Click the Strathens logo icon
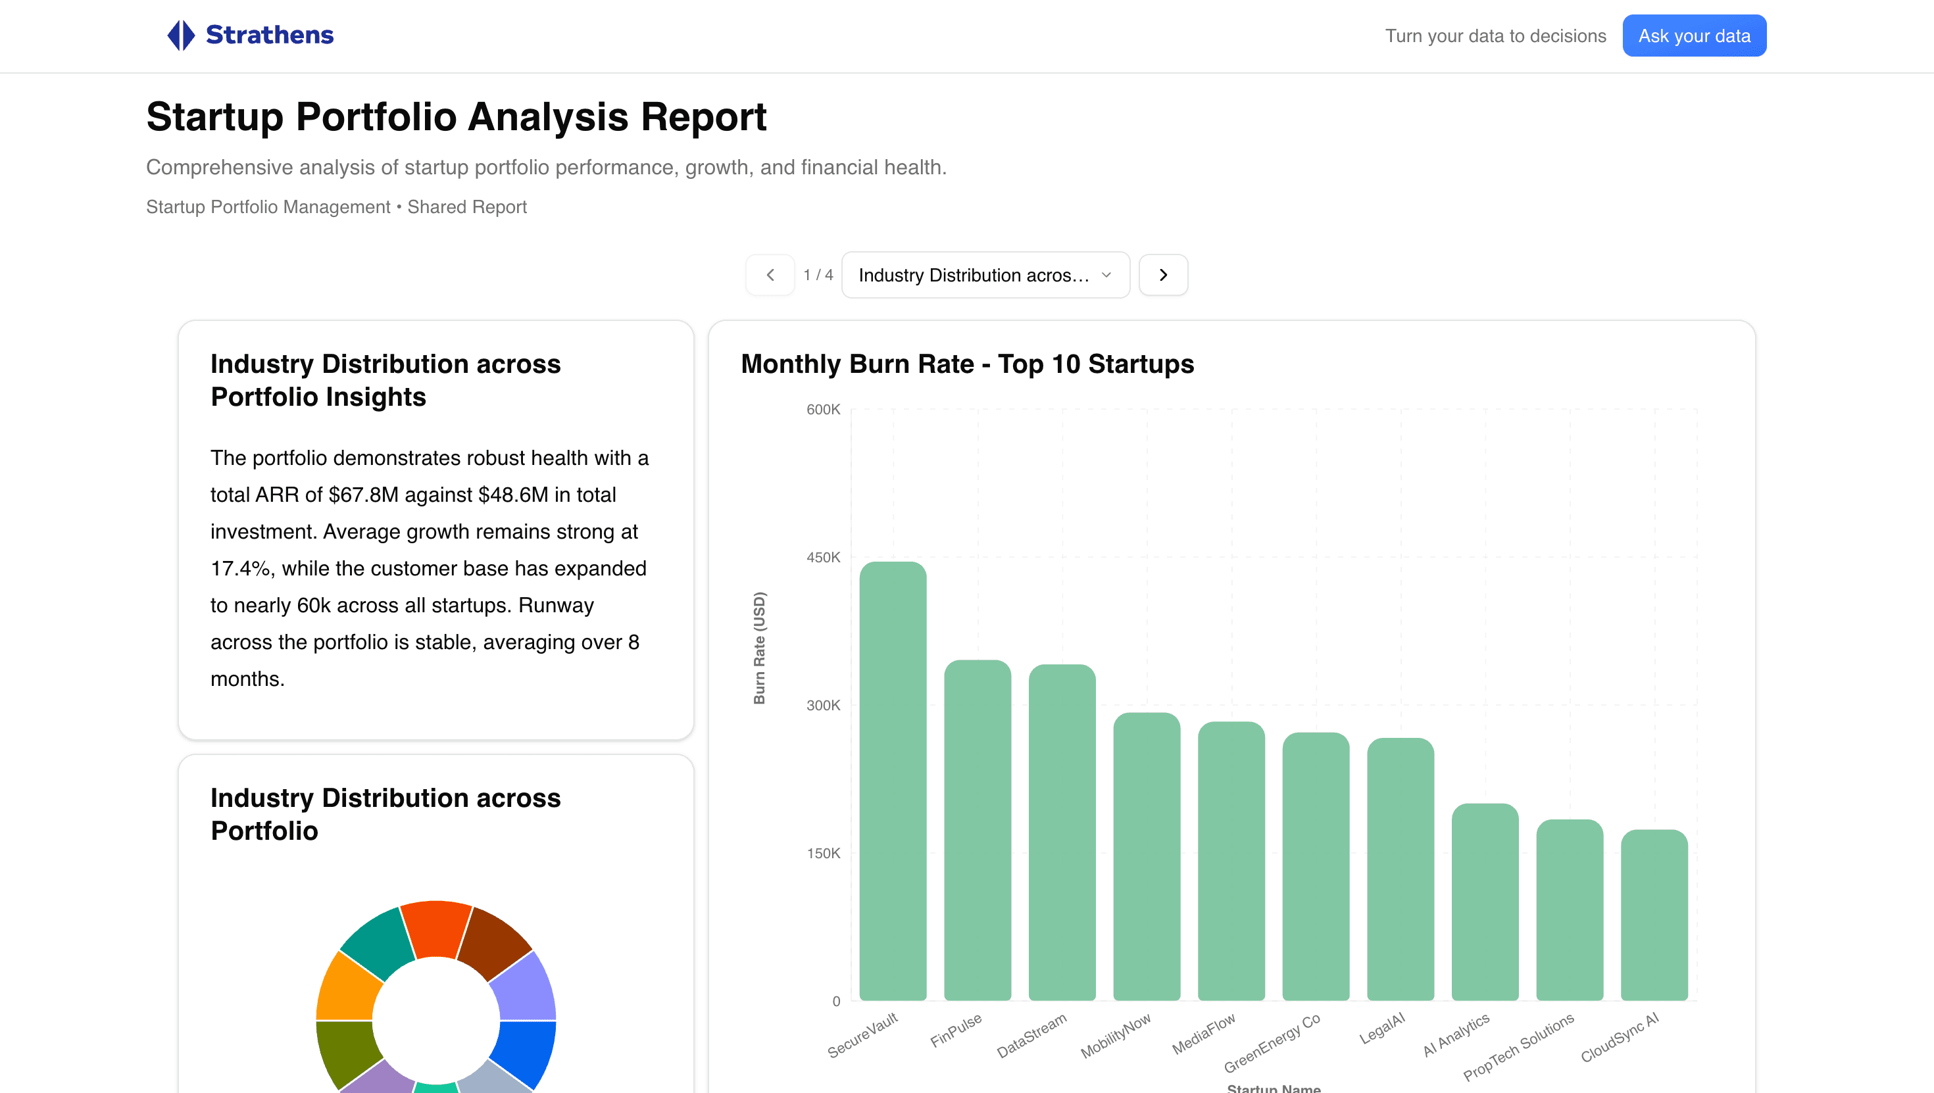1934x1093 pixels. [x=181, y=36]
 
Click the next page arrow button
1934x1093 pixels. [x=1163, y=275]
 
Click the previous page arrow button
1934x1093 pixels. [x=770, y=275]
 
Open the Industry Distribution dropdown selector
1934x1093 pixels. [x=985, y=275]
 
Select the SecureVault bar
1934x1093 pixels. [x=893, y=781]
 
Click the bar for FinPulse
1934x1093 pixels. [x=977, y=829]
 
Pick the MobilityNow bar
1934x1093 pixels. [x=1147, y=856]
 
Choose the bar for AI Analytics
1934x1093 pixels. [x=1485, y=901]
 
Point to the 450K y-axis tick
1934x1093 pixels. [x=823, y=557]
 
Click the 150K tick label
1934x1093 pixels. [x=823, y=853]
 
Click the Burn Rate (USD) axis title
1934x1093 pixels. [x=759, y=648]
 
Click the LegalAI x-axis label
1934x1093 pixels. [x=1381, y=1029]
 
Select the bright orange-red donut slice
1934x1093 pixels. [x=435, y=929]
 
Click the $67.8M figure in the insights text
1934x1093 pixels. [x=363, y=495]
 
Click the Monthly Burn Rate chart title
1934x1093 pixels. [x=967, y=364]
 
